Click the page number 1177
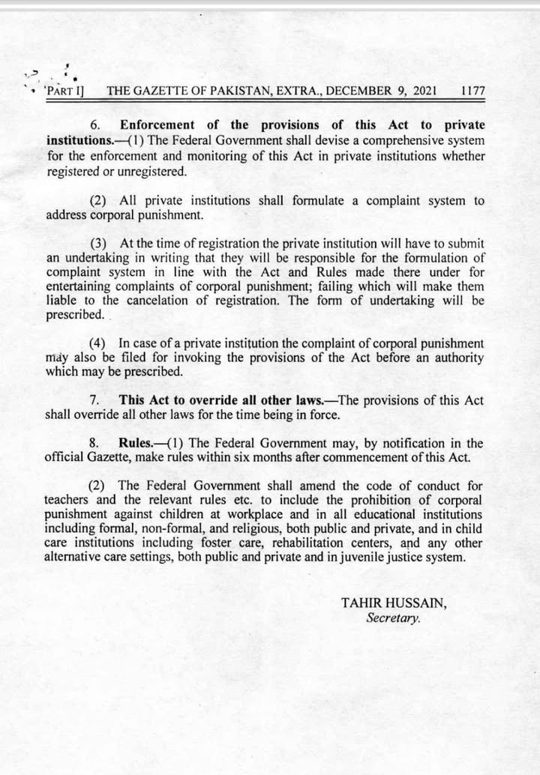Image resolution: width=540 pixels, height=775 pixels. (472, 91)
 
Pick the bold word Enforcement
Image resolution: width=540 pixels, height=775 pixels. (156, 125)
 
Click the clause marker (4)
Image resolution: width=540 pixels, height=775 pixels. (102, 343)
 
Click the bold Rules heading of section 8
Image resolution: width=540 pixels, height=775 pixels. (136, 444)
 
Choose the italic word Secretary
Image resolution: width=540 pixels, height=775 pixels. (393, 618)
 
